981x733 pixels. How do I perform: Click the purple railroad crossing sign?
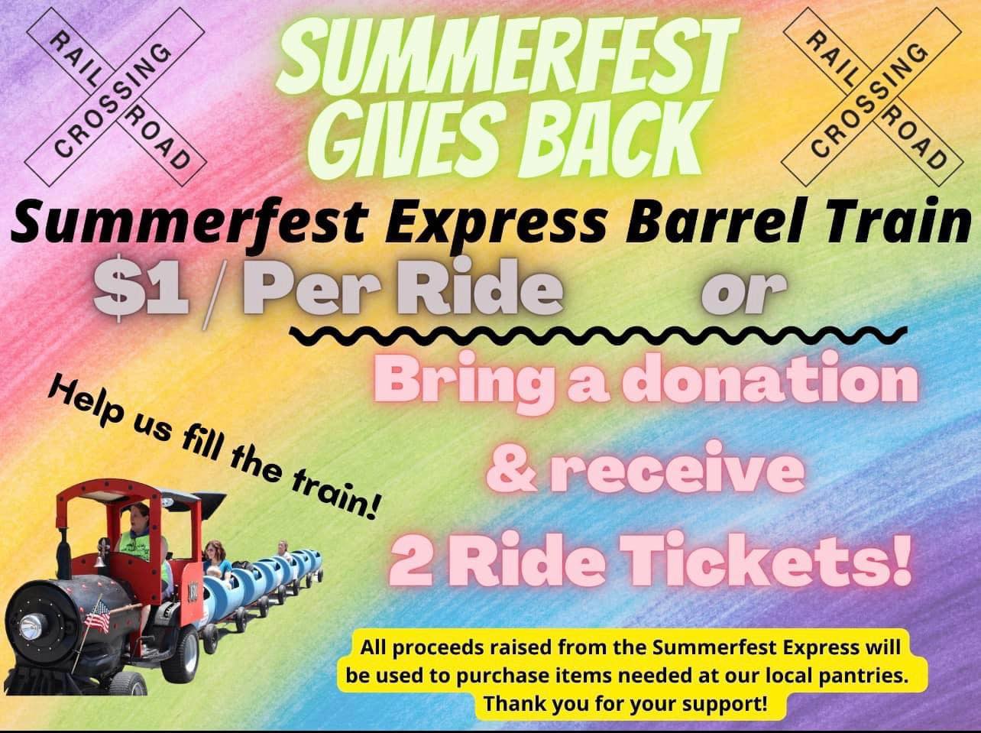tap(116, 97)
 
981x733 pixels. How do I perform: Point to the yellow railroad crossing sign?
tap(872, 97)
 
